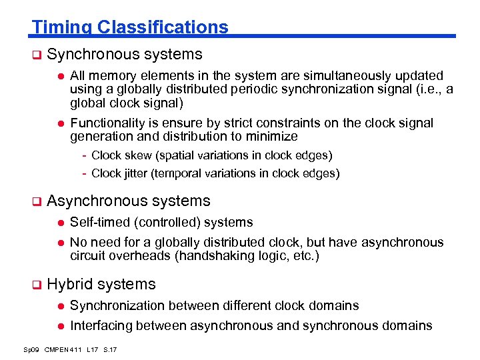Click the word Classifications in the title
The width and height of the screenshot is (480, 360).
click(162, 27)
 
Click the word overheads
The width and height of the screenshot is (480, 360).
click(141, 256)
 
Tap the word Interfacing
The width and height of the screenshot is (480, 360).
click(99, 325)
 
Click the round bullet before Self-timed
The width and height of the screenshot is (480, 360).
click(59, 223)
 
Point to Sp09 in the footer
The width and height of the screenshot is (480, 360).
click(31, 349)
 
